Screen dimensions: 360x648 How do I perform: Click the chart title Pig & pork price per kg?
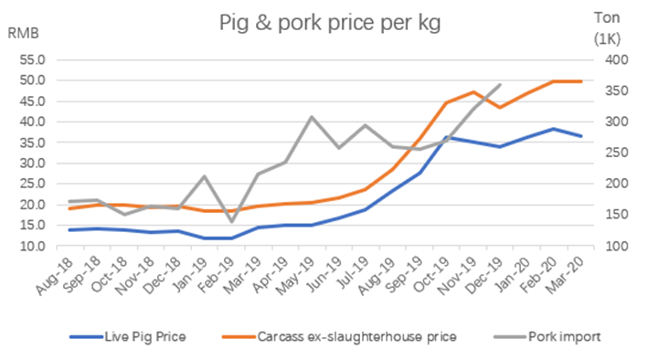pyautogui.click(x=329, y=23)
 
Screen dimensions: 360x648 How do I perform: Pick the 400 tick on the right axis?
pyautogui.click(x=613, y=59)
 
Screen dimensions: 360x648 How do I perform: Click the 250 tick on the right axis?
pyautogui.click(x=613, y=154)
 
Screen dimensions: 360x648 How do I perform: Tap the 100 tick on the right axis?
pyautogui.click(x=613, y=247)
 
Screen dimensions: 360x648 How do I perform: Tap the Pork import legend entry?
pyautogui.click(x=563, y=336)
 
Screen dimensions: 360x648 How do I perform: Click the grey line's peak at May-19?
pyautogui.click(x=312, y=117)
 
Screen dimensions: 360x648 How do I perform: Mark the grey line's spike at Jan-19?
pyautogui.click(x=205, y=176)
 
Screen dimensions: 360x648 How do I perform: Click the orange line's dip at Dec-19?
pyautogui.click(x=500, y=108)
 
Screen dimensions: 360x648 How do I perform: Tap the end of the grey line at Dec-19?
pyautogui.click(x=500, y=85)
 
